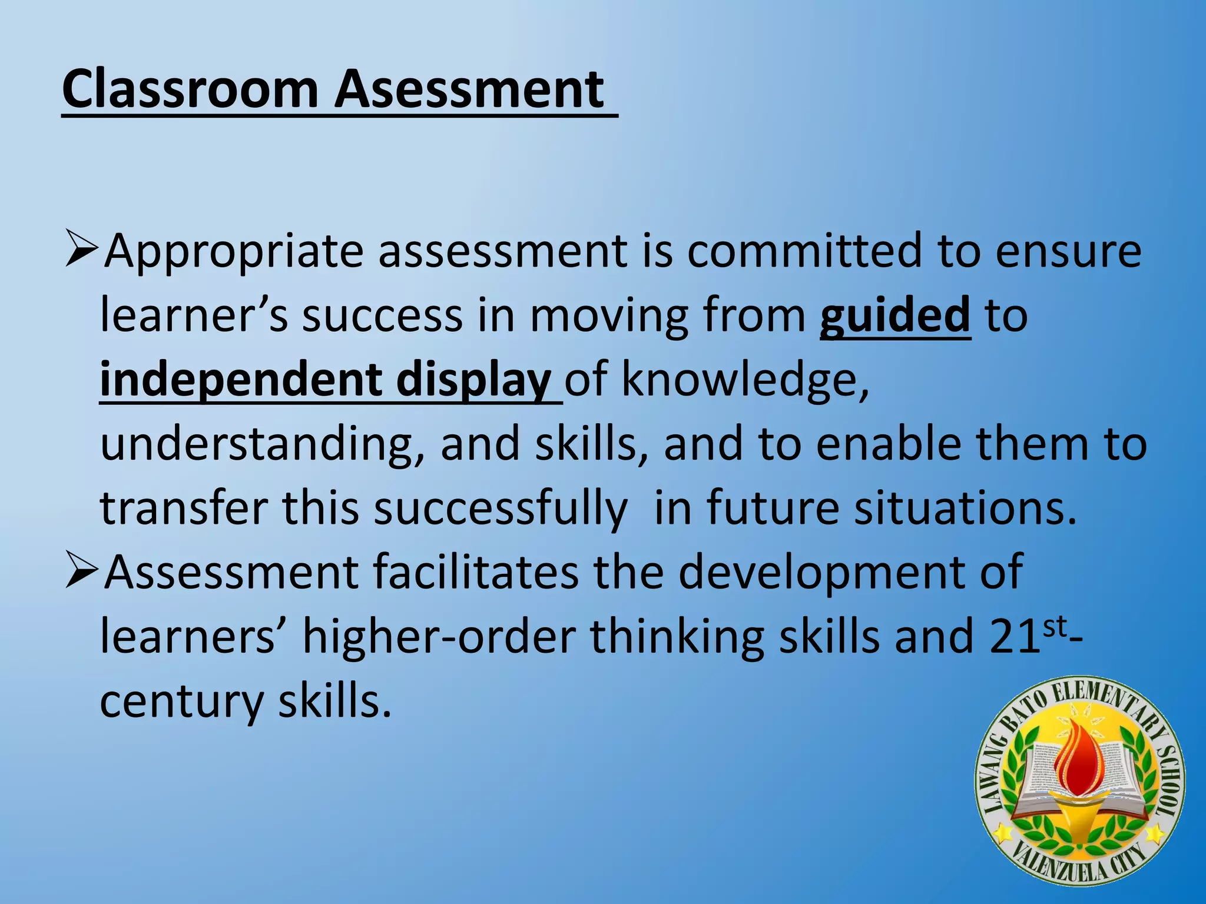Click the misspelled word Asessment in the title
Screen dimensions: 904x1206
point(469,89)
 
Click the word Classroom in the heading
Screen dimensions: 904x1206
point(190,89)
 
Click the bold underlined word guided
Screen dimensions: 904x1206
point(894,315)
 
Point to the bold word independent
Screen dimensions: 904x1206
point(241,379)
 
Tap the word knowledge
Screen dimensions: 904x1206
point(745,379)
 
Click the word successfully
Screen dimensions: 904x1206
point(500,508)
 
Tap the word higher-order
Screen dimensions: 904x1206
point(439,637)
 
